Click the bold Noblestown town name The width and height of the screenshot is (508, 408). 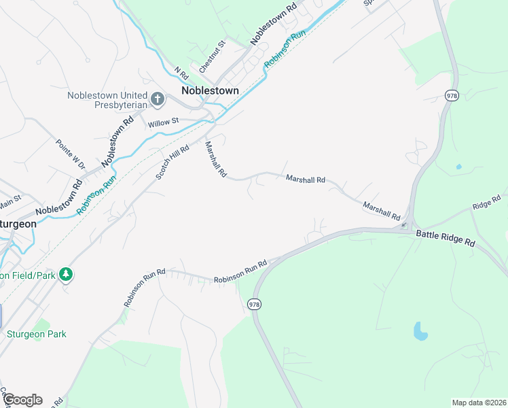(210, 90)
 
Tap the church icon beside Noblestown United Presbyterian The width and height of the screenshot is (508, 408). (158, 100)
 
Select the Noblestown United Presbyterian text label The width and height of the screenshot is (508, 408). (107, 100)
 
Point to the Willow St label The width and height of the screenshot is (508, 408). (163, 122)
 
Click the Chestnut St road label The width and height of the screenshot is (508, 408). (211, 57)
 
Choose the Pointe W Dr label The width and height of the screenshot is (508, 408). (71, 154)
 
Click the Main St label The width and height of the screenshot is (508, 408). (10, 201)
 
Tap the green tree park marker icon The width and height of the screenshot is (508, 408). (66, 275)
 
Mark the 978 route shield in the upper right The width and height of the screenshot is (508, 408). (452, 95)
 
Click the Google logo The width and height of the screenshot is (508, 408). (22, 400)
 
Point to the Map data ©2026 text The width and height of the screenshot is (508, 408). (478, 402)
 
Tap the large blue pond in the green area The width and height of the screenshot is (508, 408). (421, 332)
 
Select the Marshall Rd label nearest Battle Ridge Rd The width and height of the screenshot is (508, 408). (381, 210)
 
